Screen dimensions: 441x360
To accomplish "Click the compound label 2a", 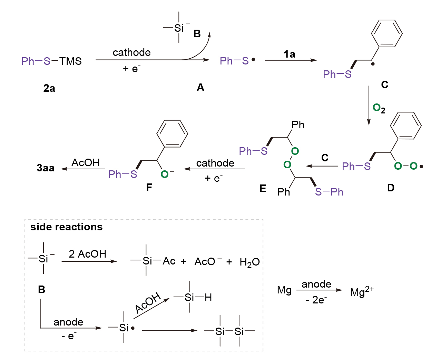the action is [49, 88].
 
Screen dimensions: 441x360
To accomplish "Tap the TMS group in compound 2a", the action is [70, 61].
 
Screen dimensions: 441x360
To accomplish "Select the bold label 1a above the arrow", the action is [290, 54].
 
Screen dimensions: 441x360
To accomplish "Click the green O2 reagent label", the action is [379, 109].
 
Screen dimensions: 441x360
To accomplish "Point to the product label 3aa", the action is [46, 168].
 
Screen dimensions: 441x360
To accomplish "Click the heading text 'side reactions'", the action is [67, 227].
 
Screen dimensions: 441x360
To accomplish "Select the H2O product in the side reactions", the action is [249, 262].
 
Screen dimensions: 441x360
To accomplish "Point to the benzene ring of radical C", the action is [387, 33].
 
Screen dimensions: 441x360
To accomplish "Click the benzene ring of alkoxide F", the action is [172, 134].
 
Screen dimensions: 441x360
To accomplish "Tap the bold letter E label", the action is [263, 189].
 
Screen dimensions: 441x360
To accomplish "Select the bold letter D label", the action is [391, 188].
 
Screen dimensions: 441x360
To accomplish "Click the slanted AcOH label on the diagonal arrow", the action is [148, 303].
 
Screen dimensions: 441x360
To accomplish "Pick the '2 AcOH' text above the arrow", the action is [87, 254].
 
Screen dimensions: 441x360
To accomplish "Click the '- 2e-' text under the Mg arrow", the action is [316, 300].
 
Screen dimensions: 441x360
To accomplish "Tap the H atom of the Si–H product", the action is [208, 297].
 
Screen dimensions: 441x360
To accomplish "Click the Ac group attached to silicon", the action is [169, 261].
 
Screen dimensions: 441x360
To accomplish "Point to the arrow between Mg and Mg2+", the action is [319, 290].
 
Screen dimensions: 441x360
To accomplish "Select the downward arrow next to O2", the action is [369, 106].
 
